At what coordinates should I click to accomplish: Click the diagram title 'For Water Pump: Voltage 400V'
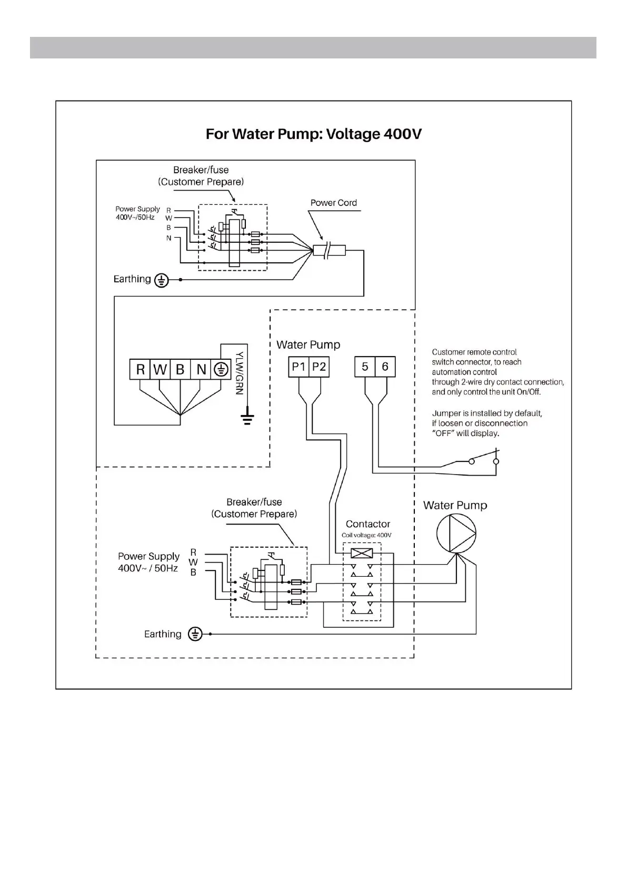point(313,134)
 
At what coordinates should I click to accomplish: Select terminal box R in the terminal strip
point(140,370)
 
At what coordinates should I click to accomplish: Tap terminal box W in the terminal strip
point(160,370)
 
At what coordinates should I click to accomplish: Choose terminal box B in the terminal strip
point(180,370)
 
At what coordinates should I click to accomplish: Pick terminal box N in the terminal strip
point(201,370)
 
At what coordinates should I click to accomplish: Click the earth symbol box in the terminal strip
point(221,370)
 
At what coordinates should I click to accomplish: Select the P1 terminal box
point(298,367)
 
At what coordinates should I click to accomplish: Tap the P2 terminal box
point(319,367)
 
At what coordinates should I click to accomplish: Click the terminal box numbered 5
point(365,367)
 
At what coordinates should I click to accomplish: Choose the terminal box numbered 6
point(385,367)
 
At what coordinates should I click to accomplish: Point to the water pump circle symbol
point(456,533)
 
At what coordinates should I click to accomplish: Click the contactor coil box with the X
point(362,553)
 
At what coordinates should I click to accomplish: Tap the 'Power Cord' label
point(333,203)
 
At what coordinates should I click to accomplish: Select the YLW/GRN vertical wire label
point(240,373)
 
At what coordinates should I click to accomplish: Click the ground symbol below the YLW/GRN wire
point(247,419)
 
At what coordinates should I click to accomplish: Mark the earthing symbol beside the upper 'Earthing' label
point(161,280)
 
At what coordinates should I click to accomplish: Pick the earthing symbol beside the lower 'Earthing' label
point(195,634)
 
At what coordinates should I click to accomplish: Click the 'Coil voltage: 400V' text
point(366,535)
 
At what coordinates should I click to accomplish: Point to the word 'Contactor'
point(368,524)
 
